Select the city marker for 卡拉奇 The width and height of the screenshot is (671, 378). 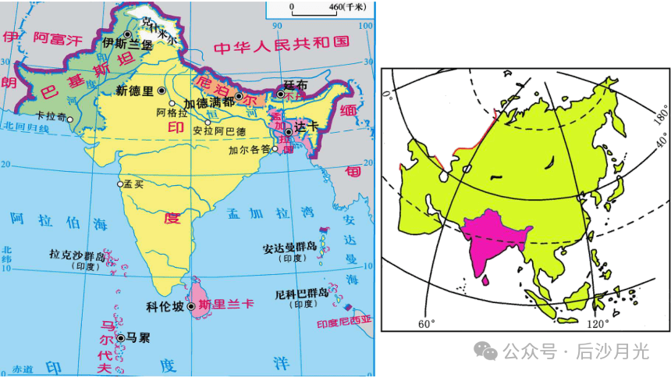70,119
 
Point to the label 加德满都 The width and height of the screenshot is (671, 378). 208,102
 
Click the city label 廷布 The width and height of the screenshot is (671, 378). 294,84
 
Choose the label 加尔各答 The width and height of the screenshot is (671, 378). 248,149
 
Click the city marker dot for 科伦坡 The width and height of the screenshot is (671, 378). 190,307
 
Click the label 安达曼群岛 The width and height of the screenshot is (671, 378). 289,247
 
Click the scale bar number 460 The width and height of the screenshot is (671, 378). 335,8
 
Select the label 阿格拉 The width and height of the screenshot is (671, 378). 172,113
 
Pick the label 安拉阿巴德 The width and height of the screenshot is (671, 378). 219,130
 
